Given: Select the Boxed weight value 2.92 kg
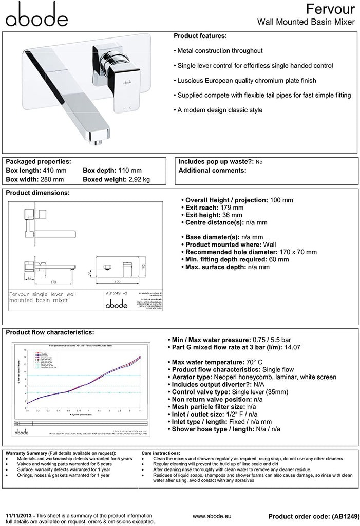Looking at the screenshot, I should pos(139,179).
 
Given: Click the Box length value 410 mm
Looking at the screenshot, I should pos(57,171).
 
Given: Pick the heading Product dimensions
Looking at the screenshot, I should pos(37,193).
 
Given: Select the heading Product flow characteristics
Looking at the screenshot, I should pos(50,332).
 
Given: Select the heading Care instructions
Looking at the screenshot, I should pos(160,453).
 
